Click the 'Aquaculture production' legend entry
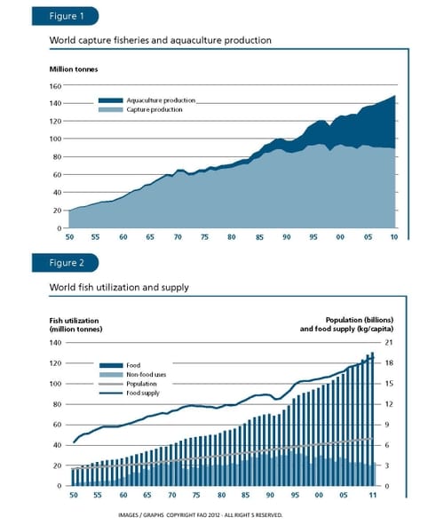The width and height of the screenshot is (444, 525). [x=160, y=101]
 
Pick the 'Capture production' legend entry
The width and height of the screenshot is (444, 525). [x=155, y=110]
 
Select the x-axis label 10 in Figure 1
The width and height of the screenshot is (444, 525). [x=392, y=237]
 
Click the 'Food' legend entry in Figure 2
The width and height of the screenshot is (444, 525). [x=134, y=365]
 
